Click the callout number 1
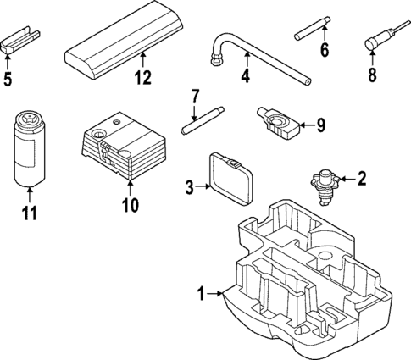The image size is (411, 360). (201, 295)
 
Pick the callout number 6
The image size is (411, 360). (323, 50)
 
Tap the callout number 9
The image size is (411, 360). (320, 125)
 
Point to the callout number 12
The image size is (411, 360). (142, 79)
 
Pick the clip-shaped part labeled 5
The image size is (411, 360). (19, 42)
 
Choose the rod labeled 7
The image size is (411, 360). (204, 119)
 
